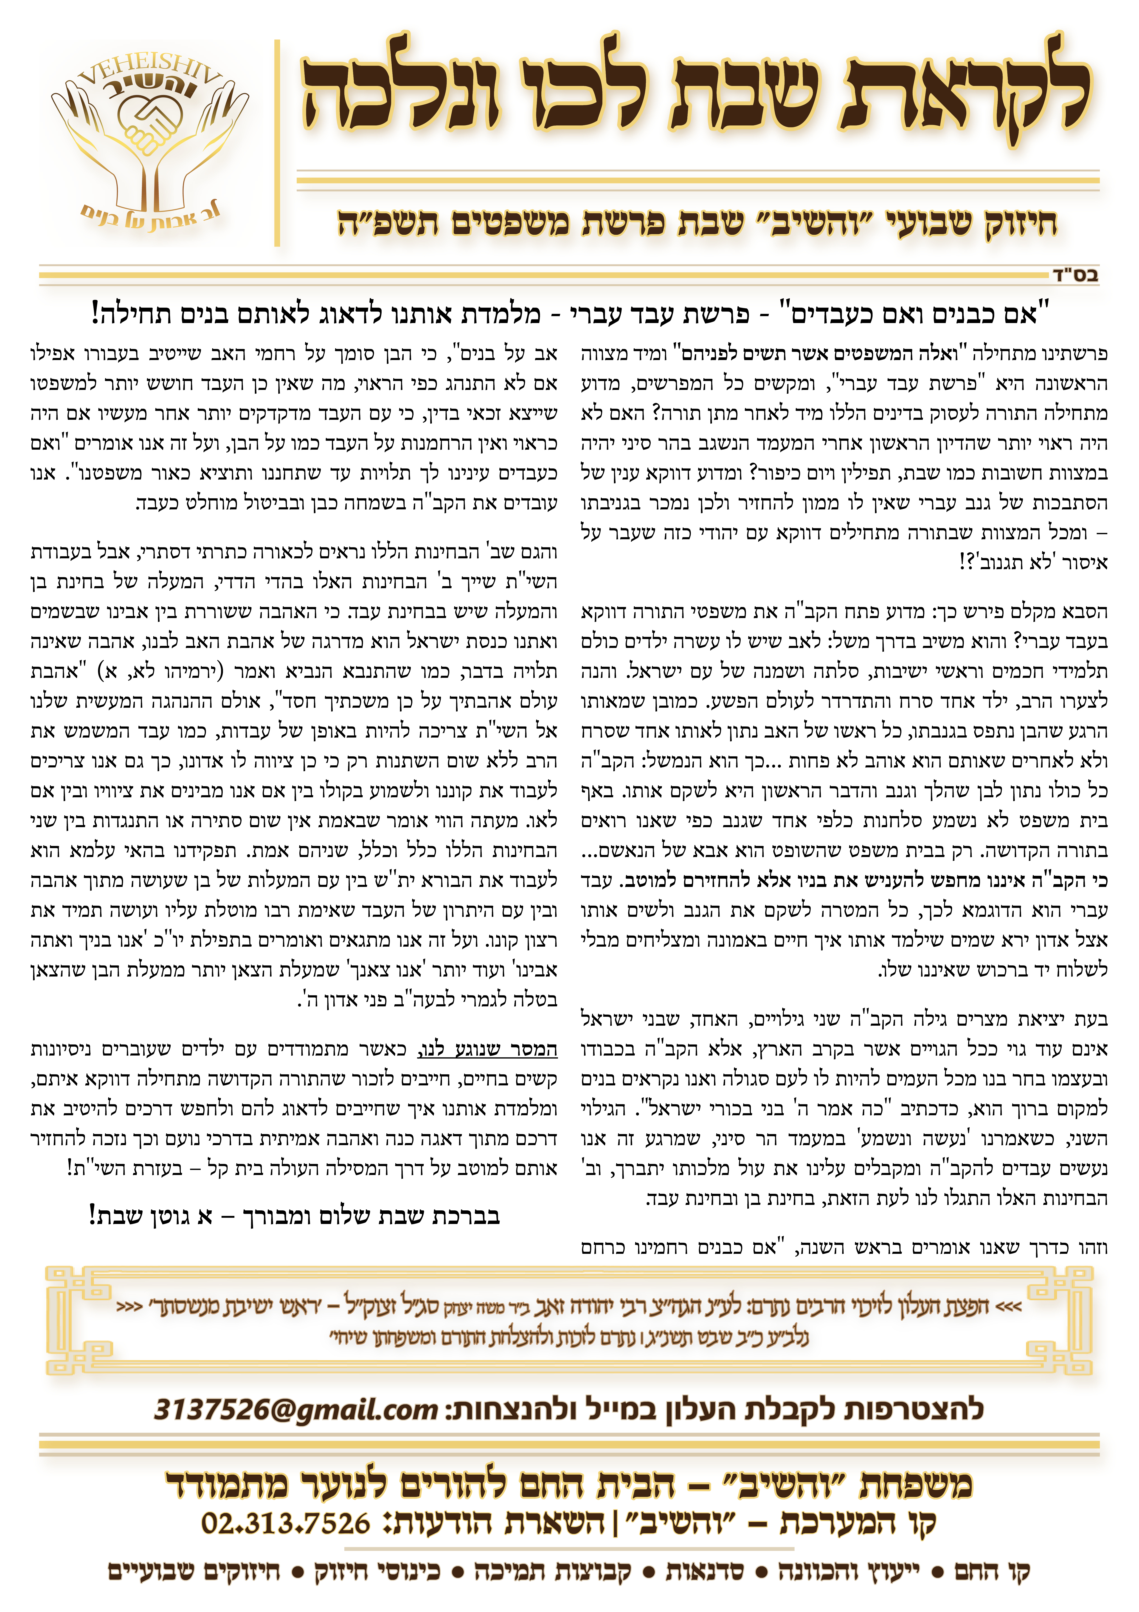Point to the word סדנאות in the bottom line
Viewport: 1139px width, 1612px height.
click(705, 1571)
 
